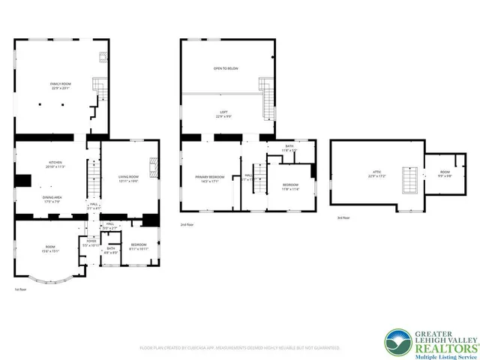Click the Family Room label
(59, 86)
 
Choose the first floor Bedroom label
(139, 246)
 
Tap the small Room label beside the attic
(444, 175)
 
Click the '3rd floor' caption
(343, 217)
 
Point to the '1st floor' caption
(21, 289)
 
